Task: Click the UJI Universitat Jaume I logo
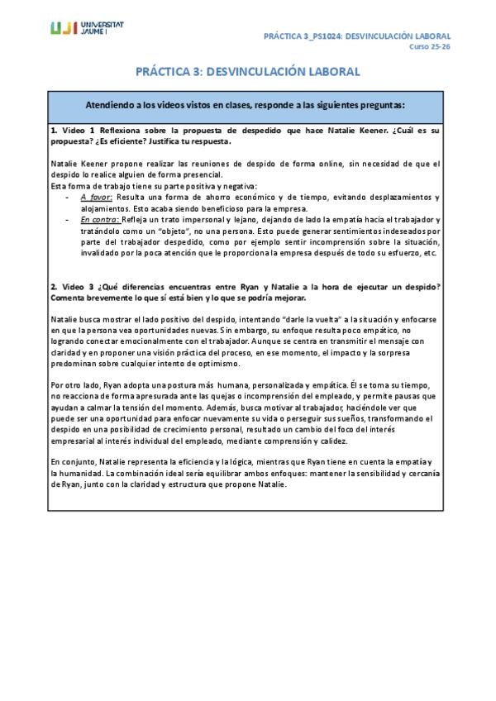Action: point(87,29)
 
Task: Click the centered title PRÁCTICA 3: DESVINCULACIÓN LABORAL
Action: point(248,72)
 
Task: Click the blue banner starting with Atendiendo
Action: point(248,106)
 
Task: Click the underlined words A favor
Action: point(97,198)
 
